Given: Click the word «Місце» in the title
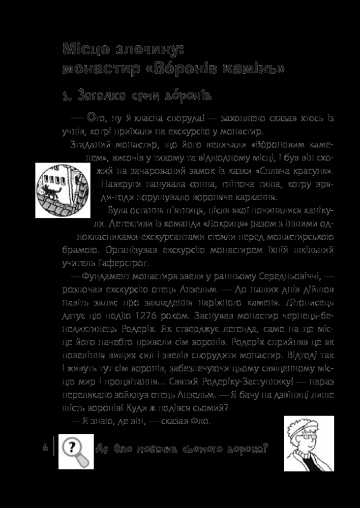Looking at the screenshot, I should pos(85,49).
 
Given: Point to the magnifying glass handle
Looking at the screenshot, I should pos(85,460).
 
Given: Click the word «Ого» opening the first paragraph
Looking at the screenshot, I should pos(95,118).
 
